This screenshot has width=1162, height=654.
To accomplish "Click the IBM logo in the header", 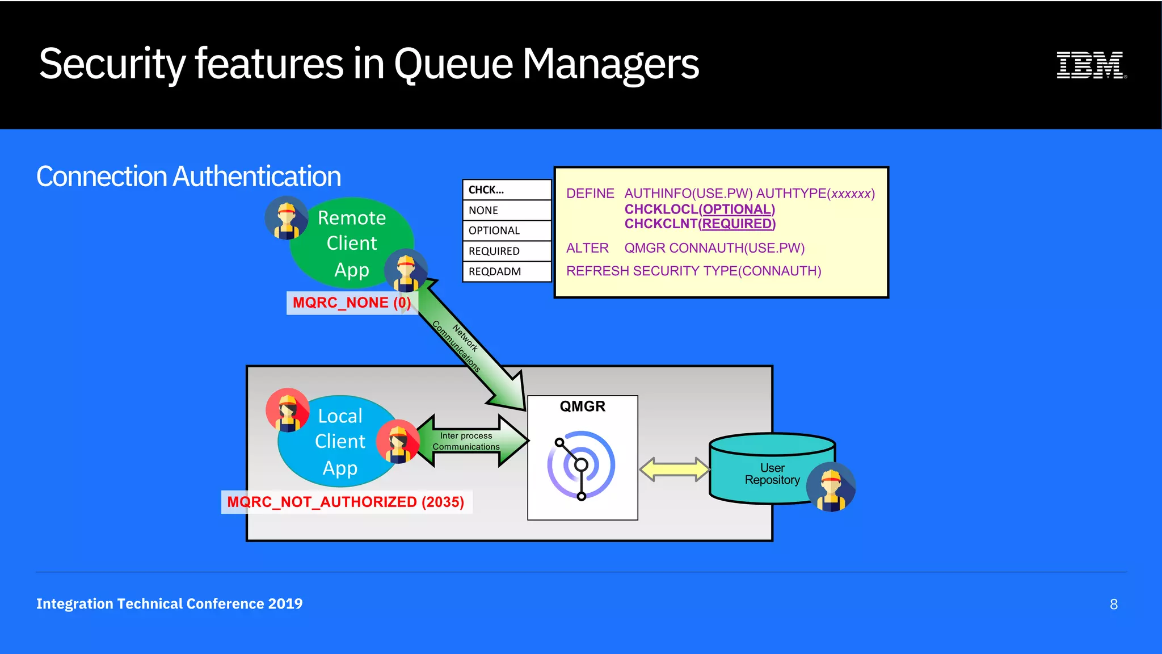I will click(x=1091, y=65).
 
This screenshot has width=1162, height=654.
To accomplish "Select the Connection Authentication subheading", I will click(x=188, y=176).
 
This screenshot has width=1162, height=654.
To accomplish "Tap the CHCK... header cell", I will click(x=507, y=190).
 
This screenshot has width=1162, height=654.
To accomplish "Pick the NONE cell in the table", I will click(x=507, y=210).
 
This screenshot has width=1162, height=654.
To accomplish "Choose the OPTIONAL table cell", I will click(x=507, y=230).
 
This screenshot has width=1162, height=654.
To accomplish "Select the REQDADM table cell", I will click(x=507, y=271).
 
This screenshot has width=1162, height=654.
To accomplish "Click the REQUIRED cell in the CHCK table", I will click(x=507, y=251).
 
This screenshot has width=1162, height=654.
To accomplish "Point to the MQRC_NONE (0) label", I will click(x=351, y=303).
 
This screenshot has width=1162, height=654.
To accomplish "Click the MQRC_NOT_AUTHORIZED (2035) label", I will click(x=346, y=502).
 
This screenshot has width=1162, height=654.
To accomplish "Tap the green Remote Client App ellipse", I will click(x=352, y=243).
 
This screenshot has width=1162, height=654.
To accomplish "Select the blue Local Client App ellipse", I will click(x=339, y=442).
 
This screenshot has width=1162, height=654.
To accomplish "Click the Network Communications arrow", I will click(x=471, y=346).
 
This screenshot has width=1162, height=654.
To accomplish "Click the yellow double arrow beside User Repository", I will click(x=674, y=469).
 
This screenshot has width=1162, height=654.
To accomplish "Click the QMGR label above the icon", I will click(x=582, y=406).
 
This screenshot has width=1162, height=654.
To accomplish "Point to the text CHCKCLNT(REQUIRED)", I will click(x=700, y=224).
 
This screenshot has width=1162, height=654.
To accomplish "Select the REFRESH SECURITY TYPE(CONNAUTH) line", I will click(x=693, y=271).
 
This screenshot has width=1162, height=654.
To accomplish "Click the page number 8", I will click(x=1113, y=604).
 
